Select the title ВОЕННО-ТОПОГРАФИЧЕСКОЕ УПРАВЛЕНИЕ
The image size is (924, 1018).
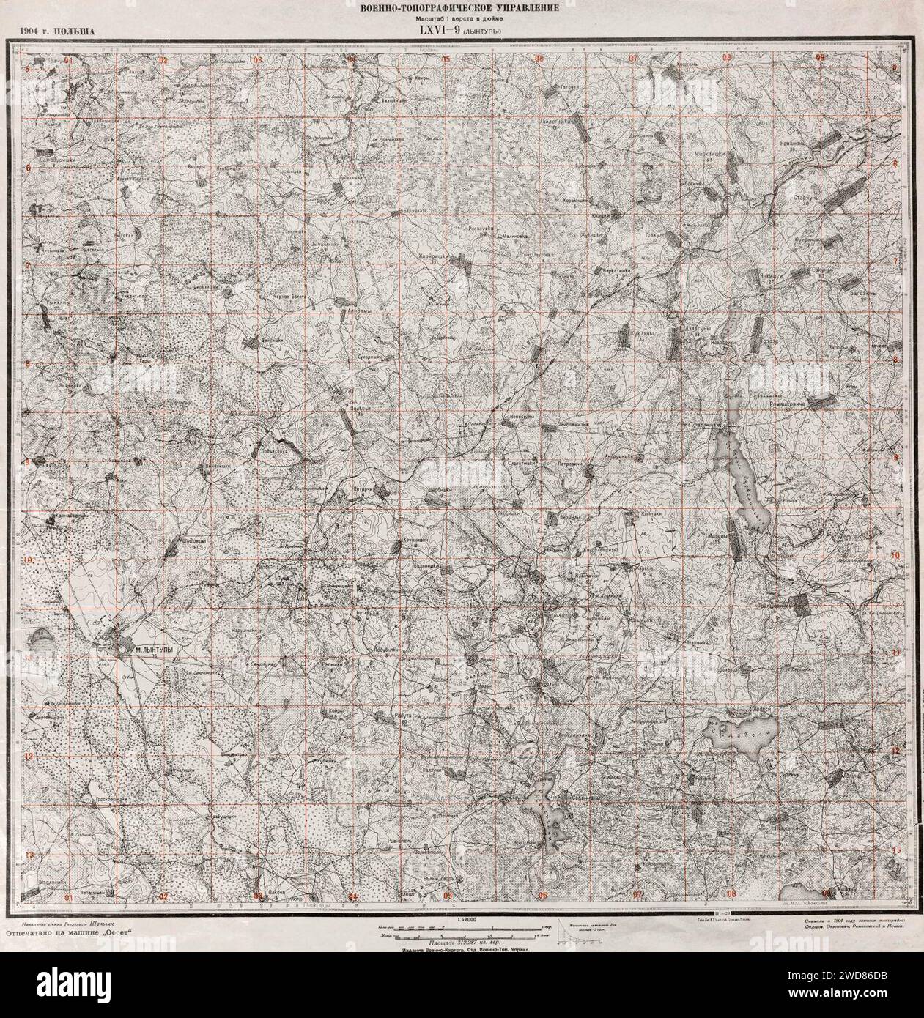point(462,7)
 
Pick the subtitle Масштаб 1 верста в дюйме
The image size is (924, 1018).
point(462,18)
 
